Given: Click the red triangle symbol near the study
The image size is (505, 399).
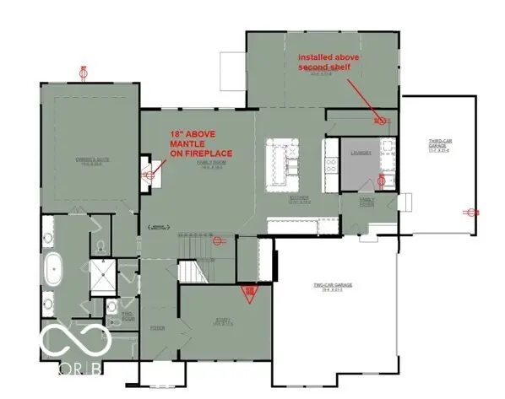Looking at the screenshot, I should pyautogui.click(x=249, y=294).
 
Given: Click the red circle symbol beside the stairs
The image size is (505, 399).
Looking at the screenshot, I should pyautogui.click(x=216, y=240).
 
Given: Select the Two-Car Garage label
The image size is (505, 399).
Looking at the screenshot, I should pyautogui.click(x=333, y=286).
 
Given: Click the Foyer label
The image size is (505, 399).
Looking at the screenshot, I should pyautogui.click(x=156, y=327).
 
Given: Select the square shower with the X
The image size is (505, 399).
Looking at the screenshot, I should pyautogui.click(x=108, y=276).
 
